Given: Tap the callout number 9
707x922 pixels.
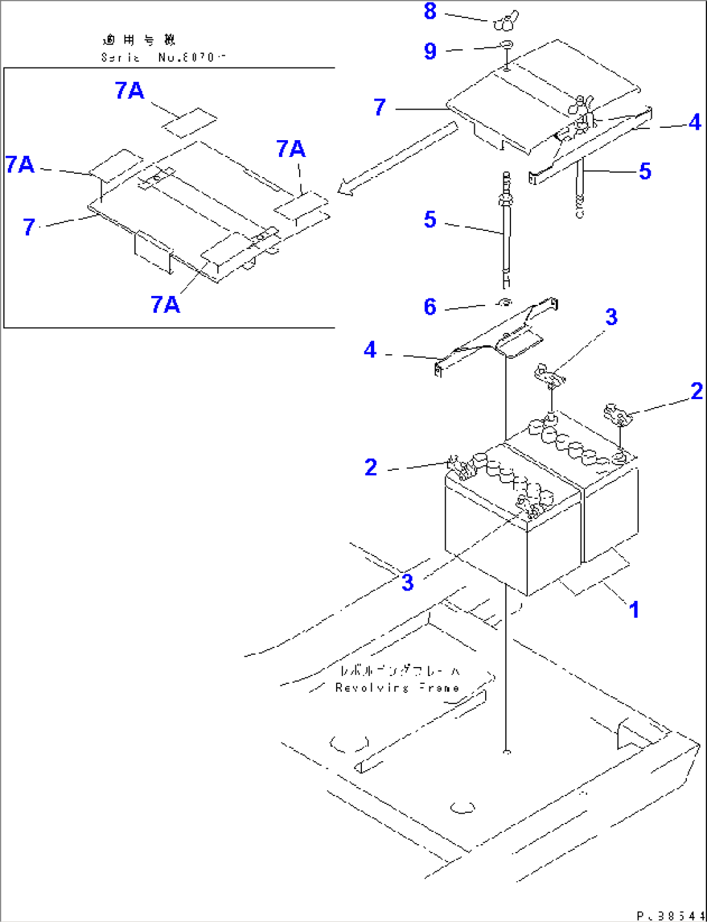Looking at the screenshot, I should pos(430,51).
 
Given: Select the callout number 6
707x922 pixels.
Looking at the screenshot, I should pos(430,307).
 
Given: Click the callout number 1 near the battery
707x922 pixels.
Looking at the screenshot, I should pos(634,610).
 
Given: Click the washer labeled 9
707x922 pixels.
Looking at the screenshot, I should pos(506,45).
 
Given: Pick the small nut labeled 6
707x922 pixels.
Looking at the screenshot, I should pos(505,302).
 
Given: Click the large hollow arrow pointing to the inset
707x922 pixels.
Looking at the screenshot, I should pos(396,158).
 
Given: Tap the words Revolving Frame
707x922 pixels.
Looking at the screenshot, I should pos(397,688).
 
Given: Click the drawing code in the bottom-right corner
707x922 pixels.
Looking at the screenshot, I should pos(671,916).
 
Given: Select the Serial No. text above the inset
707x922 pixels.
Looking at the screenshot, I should pos(163,57).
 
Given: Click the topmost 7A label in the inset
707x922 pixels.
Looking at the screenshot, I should pos(130,91).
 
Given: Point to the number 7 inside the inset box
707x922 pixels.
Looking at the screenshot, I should pos(29,227).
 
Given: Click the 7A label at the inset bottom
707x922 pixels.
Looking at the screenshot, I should pos(165,304).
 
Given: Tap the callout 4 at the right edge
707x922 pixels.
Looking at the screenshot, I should pos(695,122).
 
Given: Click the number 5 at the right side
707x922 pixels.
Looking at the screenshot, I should pos(645,171).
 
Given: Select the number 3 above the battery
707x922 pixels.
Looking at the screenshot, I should pos(611,317).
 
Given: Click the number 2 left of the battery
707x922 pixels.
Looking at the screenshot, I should pos(370,467).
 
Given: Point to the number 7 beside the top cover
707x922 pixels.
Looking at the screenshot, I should pos(380,107).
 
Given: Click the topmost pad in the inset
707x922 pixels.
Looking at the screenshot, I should pos(189,122).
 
